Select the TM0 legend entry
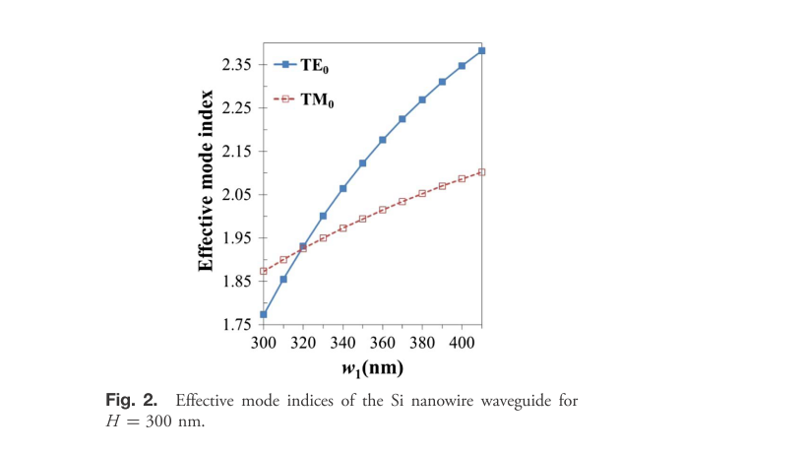[317, 99]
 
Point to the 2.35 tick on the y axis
[237, 65]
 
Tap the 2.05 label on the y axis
[237, 194]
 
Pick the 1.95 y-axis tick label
[237, 237]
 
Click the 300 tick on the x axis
[263, 342]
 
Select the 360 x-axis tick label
[382, 342]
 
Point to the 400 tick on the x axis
[462, 342]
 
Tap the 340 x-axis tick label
[342, 342]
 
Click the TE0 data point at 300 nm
[264, 314]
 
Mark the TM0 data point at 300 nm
[264, 271]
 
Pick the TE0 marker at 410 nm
[482, 50]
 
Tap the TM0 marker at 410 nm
[482, 172]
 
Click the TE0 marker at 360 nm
[383, 140]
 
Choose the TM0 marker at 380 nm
[422, 193]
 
